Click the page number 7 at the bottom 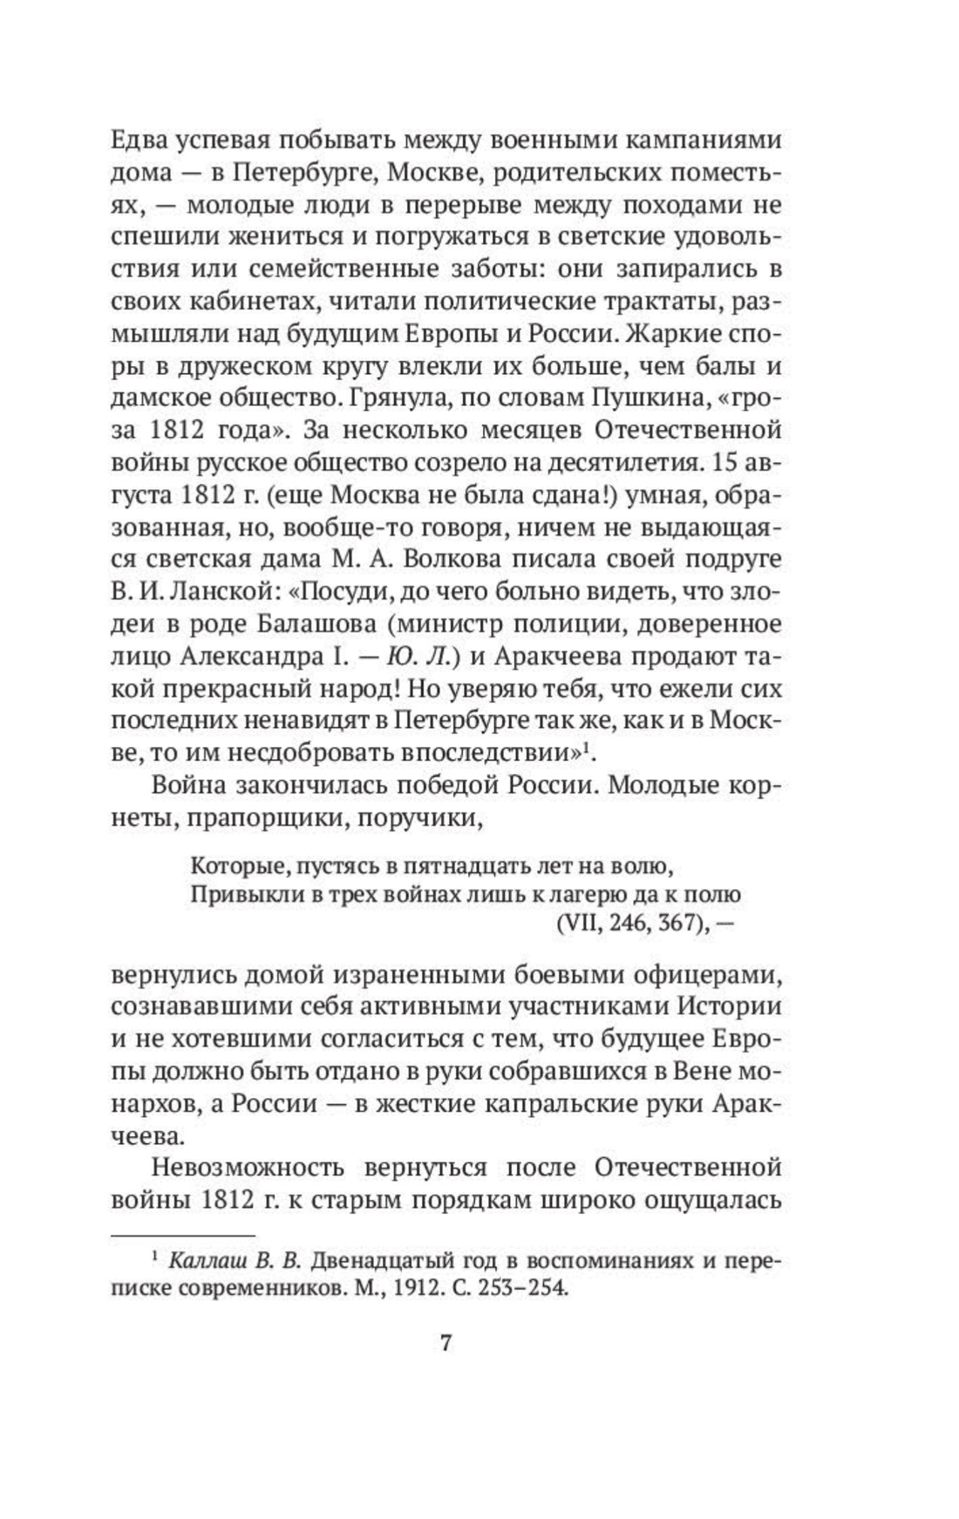click(x=444, y=1343)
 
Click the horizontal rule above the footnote click(x=183, y=1235)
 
